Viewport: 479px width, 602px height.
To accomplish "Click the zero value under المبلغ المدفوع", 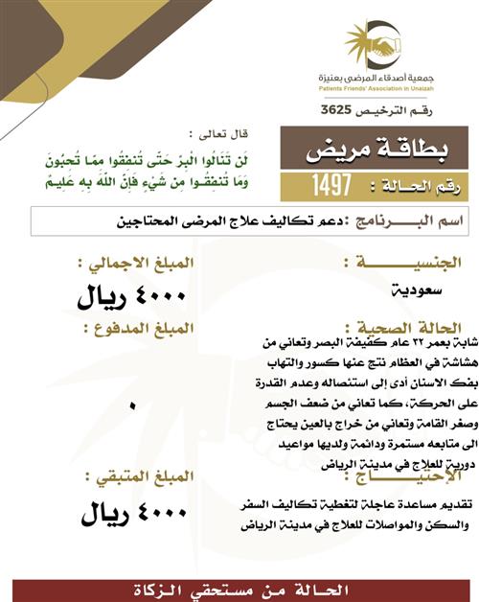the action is pos(132,406).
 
